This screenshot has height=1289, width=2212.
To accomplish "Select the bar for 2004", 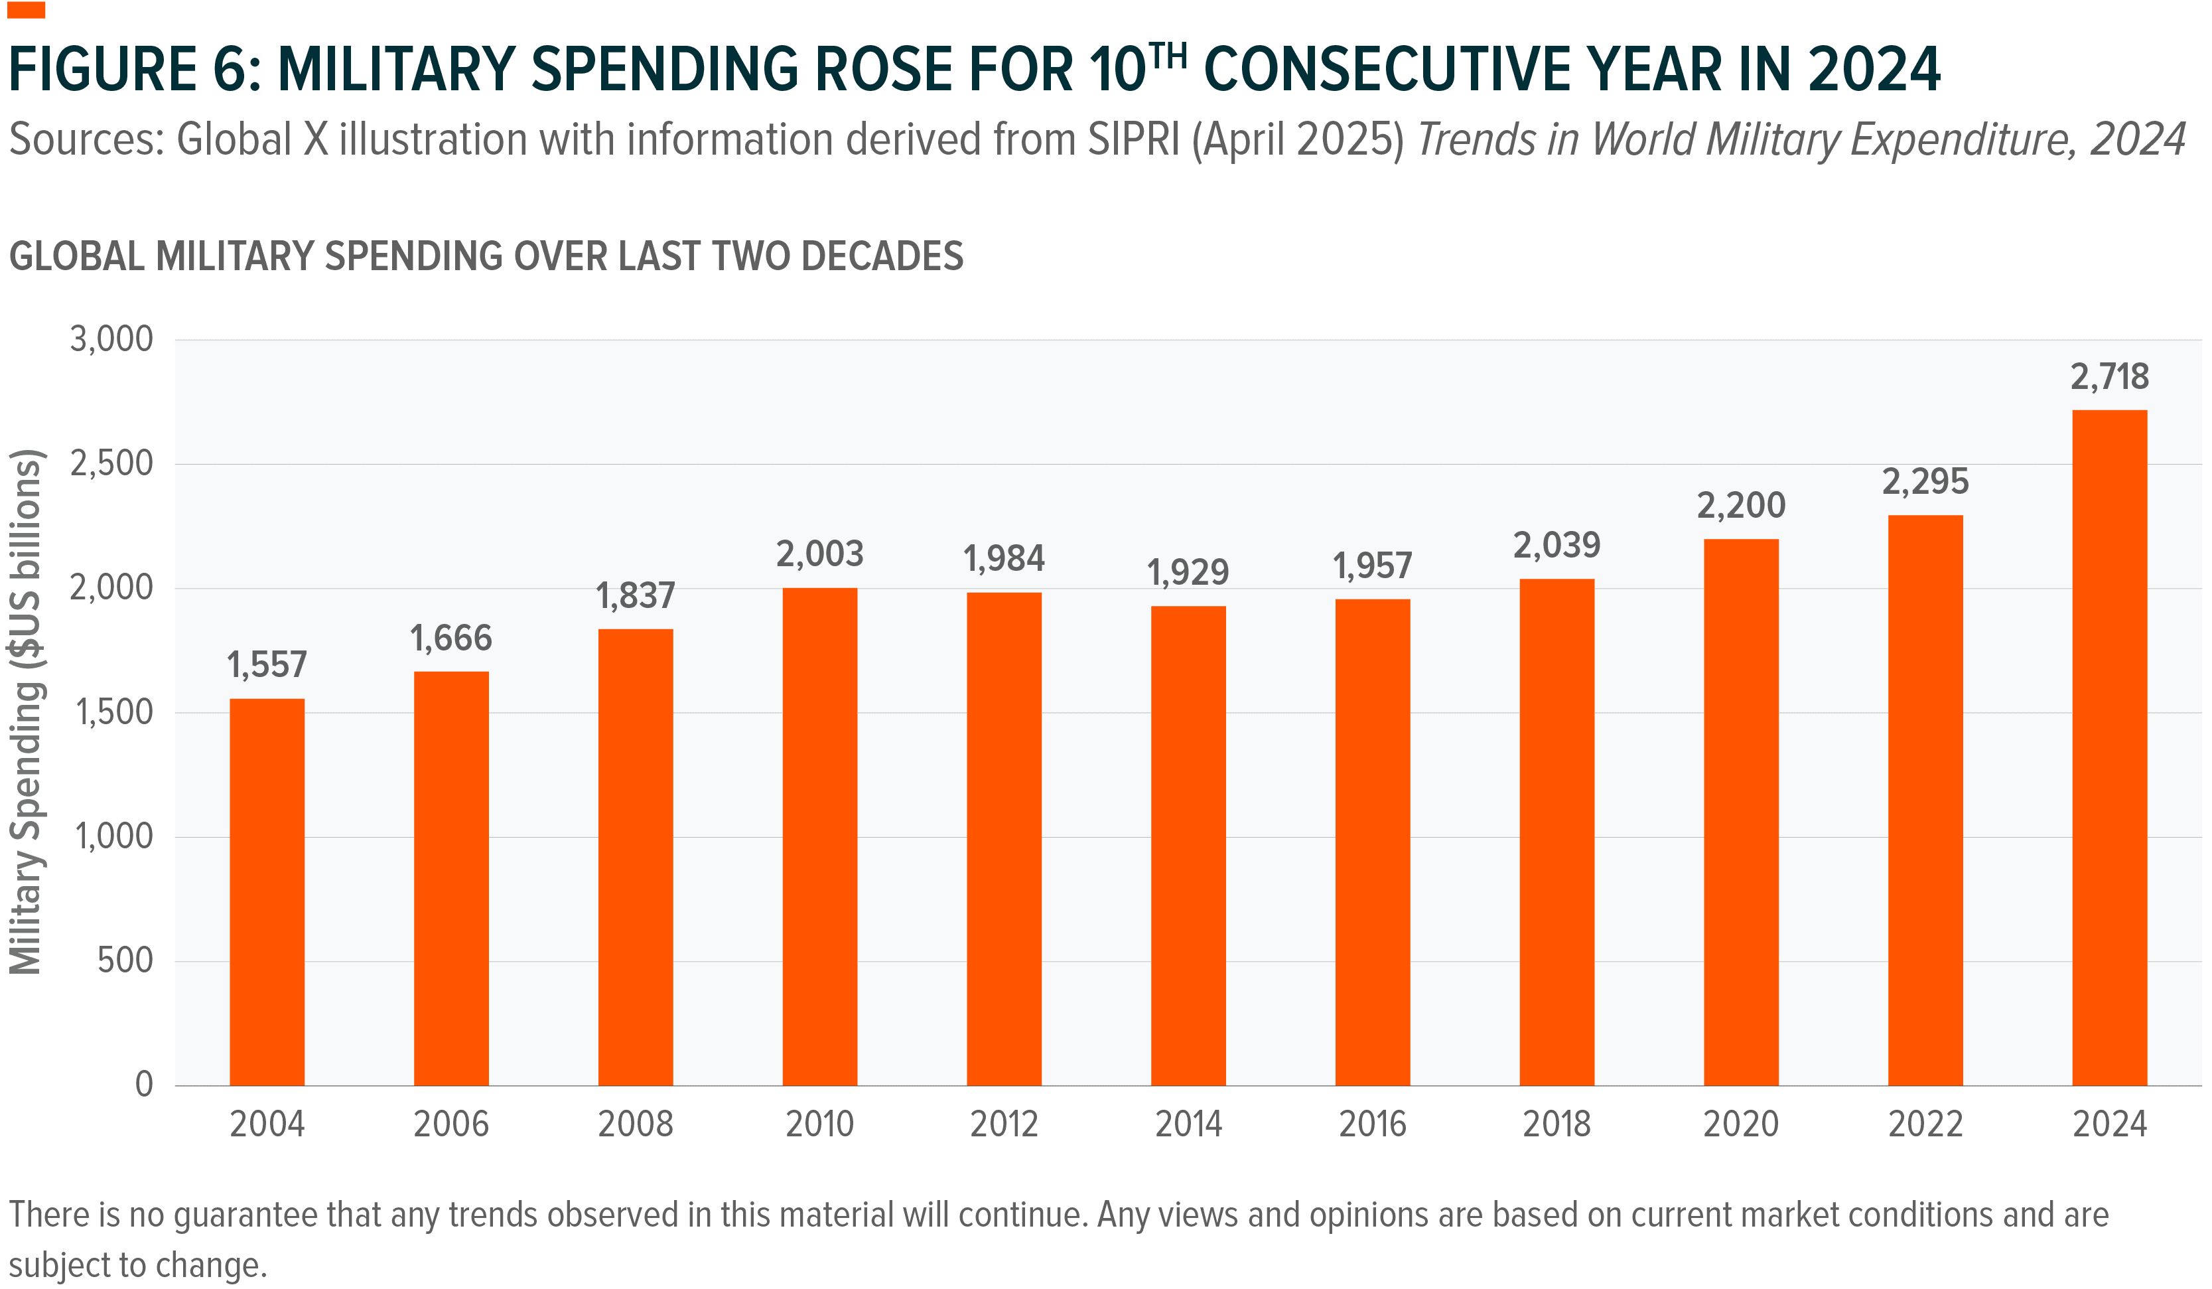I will click(267, 891).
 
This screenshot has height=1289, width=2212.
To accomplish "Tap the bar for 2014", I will click(1188, 845).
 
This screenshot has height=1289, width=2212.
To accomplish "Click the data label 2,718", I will click(2109, 377).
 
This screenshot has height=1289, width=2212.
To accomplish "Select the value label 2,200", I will click(1741, 506).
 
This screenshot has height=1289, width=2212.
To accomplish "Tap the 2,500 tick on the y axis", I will click(111, 463).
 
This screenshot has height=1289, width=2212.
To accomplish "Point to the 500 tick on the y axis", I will click(125, 960).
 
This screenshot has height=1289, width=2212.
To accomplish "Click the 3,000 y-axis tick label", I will click(111, 339).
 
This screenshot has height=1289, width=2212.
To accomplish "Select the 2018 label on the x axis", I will click(1556, 1124).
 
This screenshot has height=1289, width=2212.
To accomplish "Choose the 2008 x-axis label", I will click(635, 1124).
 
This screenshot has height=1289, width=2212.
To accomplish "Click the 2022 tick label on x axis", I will click(1925, 1124).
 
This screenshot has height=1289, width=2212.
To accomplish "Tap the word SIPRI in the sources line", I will click(1135, 139).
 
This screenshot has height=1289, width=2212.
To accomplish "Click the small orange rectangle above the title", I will click(25, 10).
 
